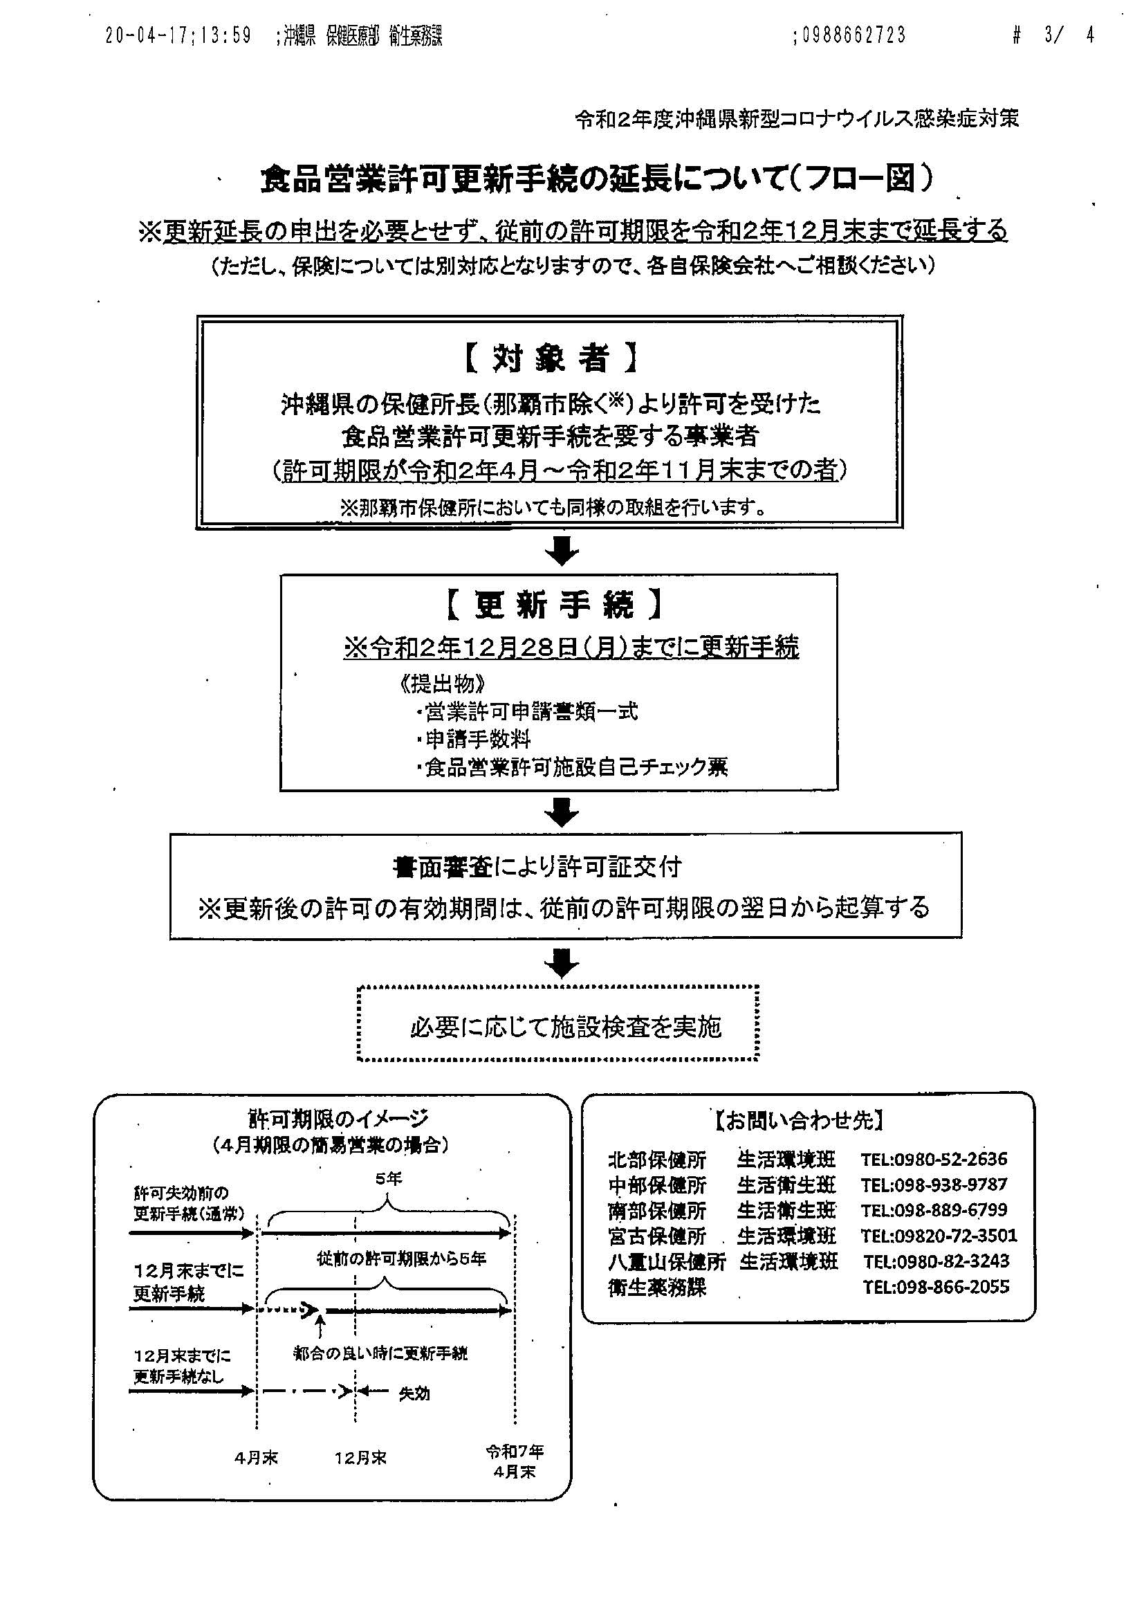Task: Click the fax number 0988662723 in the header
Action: click(x=851, y=35)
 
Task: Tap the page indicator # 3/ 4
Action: click(x=1053, y=35)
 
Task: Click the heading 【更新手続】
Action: click(x=553, y=604)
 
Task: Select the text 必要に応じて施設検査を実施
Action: click(x=565, y=1027)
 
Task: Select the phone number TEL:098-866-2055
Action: click(x=936, y=1287)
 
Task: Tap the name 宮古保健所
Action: click(x=656, y=1236)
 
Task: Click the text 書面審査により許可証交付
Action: click(x=537, y=867)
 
